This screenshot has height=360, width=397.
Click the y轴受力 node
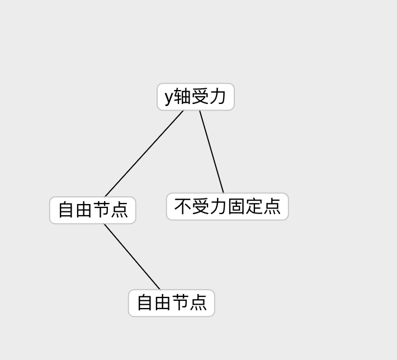(x=195, y=97)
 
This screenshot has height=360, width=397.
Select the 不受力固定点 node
(x=227, y=207)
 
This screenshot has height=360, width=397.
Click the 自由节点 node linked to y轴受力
(x=93, y=210)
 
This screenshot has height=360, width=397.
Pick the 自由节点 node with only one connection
(x=172, y=303)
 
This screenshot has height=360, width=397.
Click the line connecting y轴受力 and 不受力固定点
(x=211, y=151)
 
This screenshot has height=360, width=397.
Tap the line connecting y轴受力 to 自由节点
(x=144, y=153)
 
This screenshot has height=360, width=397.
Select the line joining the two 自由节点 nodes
(x=132, y=257)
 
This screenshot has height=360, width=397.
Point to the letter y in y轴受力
(x=169, y=97)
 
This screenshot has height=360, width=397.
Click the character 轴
(x=182, y=97)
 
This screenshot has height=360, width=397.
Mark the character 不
(x=183, y=206)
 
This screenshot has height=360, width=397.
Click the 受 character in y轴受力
(x=200, y=97)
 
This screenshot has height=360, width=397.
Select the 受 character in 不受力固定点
(x=201, y=206)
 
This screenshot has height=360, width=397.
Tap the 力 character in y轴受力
(x=218, y=97)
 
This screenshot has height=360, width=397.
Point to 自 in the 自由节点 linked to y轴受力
(x=67, y=210)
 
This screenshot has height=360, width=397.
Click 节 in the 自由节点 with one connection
(x=181, y=303)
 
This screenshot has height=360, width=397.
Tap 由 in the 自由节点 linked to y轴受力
(x=84, y=210)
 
